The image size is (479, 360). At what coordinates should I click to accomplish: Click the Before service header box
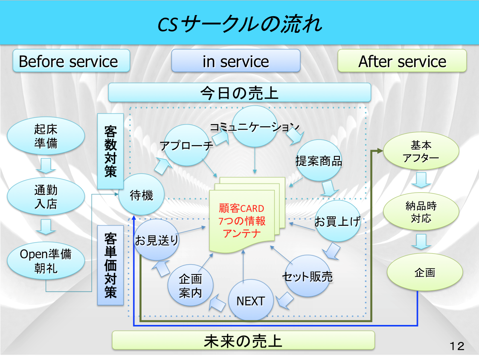(x=71, y=61)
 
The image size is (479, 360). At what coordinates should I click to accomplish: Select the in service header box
(x=236, y=61)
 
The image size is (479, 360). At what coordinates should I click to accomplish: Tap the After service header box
(x=402, y=61)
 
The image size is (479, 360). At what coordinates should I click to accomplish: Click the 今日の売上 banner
(x=239, y=92)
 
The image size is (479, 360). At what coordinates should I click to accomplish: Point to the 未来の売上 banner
(x=243, y=340)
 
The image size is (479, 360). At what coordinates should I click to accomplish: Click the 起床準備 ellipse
(x=46, y=136)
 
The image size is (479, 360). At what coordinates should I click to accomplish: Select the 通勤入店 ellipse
(x=46, y=196)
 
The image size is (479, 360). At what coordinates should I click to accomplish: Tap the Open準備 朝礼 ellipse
(x=46, y=260)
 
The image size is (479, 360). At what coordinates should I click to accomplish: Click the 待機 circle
(x=142, y=195)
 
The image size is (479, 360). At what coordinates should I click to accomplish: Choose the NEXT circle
(x=251, y=300)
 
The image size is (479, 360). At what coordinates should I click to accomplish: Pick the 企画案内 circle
(x=191, y=285)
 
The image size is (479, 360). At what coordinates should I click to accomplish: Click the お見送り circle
(x=157, y=240)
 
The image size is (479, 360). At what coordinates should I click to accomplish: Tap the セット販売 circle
(x=308, y=276)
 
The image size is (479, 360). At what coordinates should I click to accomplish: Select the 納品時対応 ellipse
(x=421, y=211)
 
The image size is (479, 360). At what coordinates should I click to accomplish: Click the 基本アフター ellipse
(x=421, y=151)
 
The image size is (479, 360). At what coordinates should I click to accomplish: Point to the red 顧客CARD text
(x=242, y=208)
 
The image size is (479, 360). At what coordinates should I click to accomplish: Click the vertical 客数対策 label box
(x=110, y=151)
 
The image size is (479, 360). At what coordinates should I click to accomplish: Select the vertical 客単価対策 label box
(x=110, y=265)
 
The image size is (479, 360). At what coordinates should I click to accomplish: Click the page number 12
(x=457, y=346)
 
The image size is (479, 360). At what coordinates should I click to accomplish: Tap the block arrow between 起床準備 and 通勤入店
(x=46, y=166)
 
